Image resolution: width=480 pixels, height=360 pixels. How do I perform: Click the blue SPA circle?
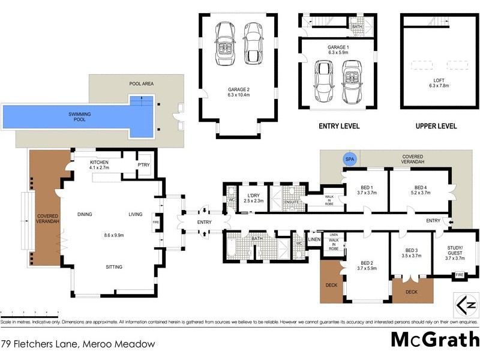tap(349, 159)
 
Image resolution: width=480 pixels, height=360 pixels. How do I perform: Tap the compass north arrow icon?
tap(467, 305)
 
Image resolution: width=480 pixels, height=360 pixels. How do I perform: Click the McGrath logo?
tap(434, 339)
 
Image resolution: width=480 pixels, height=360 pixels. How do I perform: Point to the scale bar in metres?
tap(29, 313)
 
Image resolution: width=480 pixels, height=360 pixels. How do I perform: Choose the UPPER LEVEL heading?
tap(436, 127)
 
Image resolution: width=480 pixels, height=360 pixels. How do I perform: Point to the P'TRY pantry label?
tap(143, 165)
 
